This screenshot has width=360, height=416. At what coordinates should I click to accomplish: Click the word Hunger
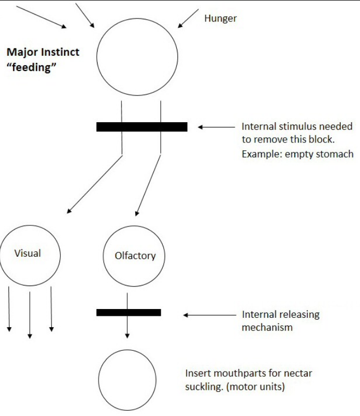tap(221, 19)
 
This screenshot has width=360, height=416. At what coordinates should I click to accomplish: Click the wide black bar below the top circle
tap(142, 127)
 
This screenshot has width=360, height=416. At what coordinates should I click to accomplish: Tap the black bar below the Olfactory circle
tap(129, 312)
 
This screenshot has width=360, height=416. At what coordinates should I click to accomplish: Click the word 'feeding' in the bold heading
tap(32, 67)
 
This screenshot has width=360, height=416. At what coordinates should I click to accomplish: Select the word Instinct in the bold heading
tap(61, 52)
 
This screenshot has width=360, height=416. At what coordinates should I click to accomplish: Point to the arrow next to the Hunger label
tap(188, 18)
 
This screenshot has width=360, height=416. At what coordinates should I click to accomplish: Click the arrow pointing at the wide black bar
tap(217, 127)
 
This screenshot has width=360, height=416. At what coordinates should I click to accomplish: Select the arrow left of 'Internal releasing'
tap(210, 315)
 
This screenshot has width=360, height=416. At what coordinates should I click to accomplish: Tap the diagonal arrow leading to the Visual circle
tap(94, 184)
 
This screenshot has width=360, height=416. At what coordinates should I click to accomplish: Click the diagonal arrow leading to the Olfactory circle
tap(148, 185)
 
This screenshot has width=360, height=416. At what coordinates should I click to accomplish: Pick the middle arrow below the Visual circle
tap(30, 315)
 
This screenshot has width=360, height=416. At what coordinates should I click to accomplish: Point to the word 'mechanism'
tap(267, 327)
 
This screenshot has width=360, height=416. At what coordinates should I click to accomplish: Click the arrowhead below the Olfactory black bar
tap(127, 336)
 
